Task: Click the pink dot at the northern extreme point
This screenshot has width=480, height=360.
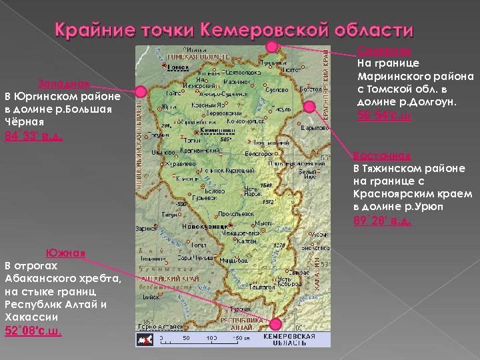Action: click(x=273, y=47)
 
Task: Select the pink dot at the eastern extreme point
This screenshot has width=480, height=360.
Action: click(x=309, y=106)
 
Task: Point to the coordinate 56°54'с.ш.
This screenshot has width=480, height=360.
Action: click(x=385, y=116)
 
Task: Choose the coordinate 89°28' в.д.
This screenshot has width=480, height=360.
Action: click(x=383, y=220)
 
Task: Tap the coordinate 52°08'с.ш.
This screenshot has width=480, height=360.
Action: click(x=33, y=331)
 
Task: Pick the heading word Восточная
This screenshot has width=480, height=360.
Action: click(x=381, y=156)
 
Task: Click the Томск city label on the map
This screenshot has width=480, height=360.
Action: click(x=178, y=67)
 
